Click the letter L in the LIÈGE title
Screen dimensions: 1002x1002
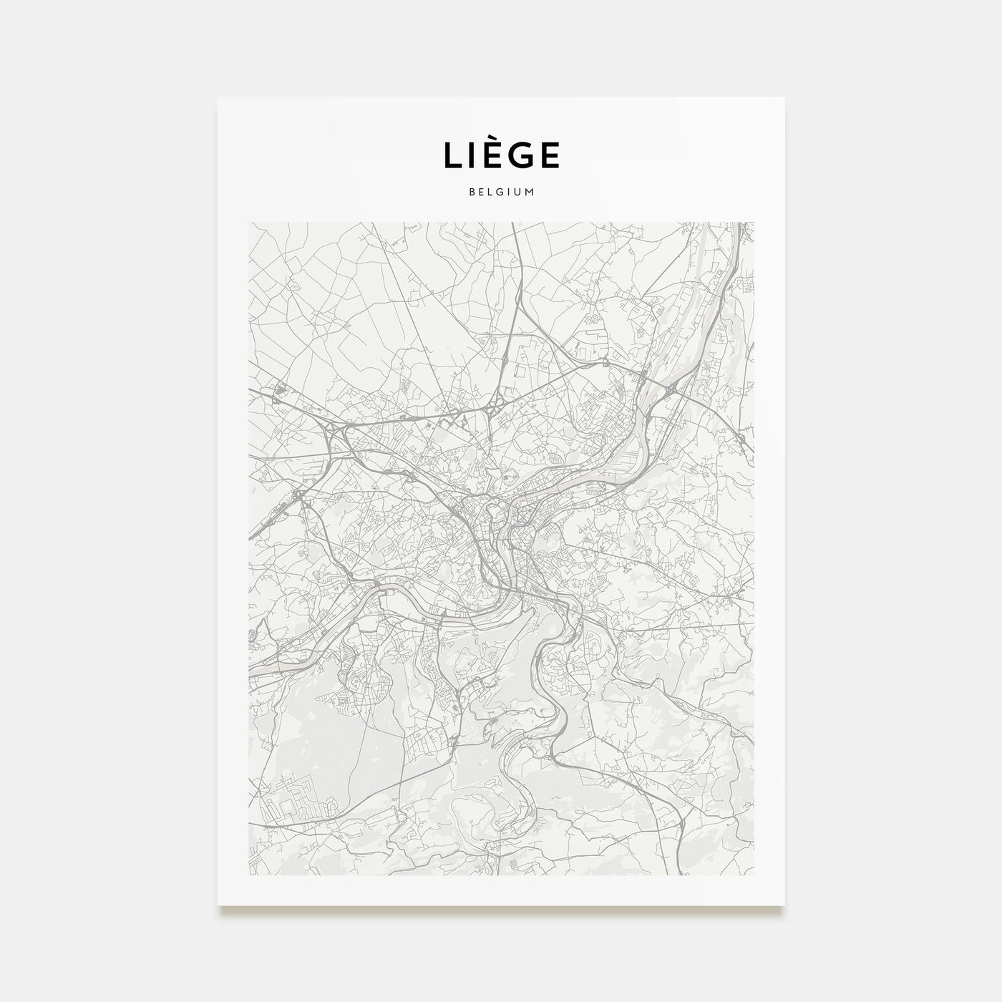tap(452, 157)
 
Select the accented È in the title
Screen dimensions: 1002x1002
tap(490, 157)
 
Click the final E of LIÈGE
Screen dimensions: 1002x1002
tap(548, 157)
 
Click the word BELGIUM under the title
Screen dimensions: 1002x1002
tap(501, 193)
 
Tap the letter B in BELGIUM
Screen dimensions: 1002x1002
tap(472, 193)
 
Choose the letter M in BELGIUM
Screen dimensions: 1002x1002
tap(530, 193)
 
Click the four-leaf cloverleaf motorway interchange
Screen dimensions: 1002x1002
tap(493, 410)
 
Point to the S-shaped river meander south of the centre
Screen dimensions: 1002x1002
tap(548, 687)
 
